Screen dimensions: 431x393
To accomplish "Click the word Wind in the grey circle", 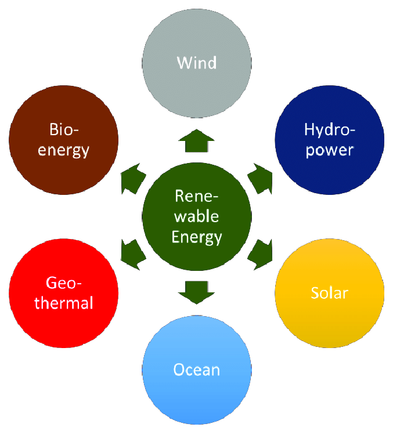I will [197, 62].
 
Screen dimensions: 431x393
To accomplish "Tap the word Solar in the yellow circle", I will [329, 292].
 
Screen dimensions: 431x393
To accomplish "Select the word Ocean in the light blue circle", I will [197, 370].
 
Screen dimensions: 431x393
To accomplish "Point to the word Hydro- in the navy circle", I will [329, 130].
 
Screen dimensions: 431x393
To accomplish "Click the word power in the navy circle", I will [329, 150].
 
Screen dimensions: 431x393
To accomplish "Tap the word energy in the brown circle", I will [64, 150].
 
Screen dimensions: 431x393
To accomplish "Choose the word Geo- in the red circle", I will [64, 284].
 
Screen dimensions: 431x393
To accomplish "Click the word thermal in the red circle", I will [64, 303].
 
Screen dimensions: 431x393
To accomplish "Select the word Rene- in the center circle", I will [197, 196].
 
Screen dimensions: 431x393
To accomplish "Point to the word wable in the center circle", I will [197, 216].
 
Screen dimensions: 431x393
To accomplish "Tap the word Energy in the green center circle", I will [197, 237].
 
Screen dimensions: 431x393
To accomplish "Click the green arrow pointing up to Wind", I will [197, 142].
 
